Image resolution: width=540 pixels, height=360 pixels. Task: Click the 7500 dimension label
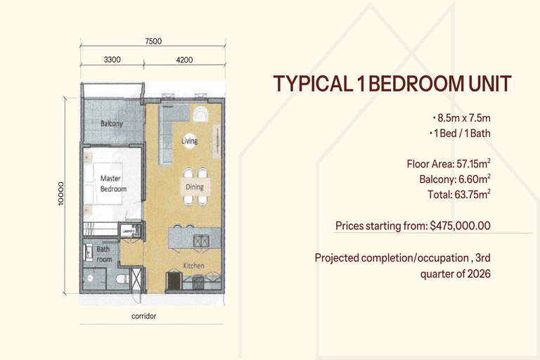(153, 41)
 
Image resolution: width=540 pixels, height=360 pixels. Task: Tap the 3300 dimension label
(112, 60)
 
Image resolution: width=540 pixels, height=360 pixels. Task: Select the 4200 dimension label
(184, 60)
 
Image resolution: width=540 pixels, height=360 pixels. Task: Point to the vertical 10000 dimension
(61, 194)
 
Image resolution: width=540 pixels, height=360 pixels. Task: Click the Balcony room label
(112, 123)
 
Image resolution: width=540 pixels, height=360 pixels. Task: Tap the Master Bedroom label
(113, 184)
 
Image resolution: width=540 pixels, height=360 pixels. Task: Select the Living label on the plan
(189, 141)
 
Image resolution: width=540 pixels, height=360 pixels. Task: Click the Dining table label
(195, 187)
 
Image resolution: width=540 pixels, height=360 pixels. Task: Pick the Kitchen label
(193, 266)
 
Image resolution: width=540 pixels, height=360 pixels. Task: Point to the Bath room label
(104, 254)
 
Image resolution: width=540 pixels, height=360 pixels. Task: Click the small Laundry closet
(130, 230)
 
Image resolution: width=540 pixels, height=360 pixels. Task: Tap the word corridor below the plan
(144, 316)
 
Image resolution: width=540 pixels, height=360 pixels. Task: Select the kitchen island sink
(201, 240)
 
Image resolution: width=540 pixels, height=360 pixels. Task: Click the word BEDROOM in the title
(414, 84)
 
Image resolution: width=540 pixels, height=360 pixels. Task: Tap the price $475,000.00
(460, 226)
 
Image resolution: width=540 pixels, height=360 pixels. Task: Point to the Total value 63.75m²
(472, 194)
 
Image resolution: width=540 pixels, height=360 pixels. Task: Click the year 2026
(479, 274)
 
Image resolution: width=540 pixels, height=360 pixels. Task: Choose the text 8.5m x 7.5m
(464, 118)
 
